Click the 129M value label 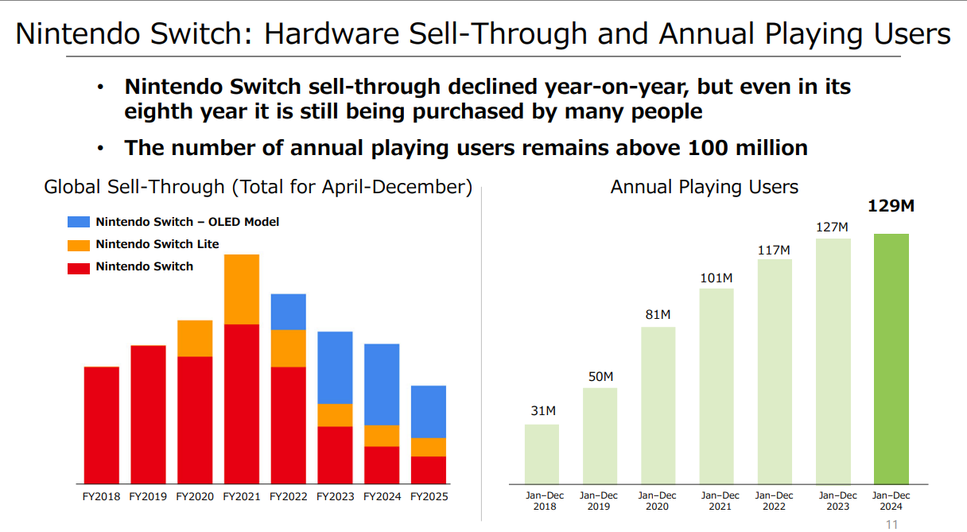coord(891,207)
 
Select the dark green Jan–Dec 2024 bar coord(891,358)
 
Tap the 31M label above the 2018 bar coord(544,411)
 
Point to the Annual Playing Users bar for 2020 coord(658,406)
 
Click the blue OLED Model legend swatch coord(79,223)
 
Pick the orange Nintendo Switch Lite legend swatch coord(79,245)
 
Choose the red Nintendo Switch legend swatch coord(79,267)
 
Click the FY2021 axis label coord(242,497)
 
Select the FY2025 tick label coord(429,497)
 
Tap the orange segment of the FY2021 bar coord(242,289)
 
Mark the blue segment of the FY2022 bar coord(288,312)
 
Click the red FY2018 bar coord(101,425)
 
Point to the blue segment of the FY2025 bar coord(429,412)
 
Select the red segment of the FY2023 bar coord(335,455)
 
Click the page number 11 coord(891,524)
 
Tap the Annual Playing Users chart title coord(704,188)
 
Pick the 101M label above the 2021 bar coord(716,278)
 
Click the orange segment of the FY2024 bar coord(382,436)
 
